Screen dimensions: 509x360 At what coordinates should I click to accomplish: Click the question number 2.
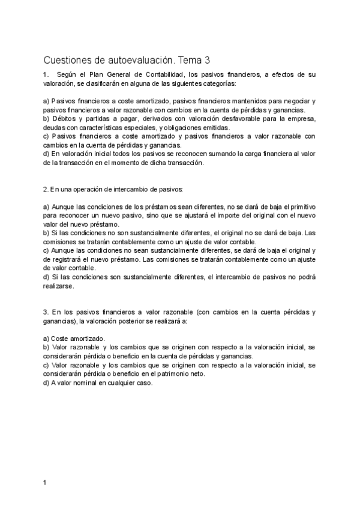tap(46, 189)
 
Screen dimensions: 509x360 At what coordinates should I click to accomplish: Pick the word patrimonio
tap(170, 373)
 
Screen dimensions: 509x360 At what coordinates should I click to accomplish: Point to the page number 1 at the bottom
tap(45, 483)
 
